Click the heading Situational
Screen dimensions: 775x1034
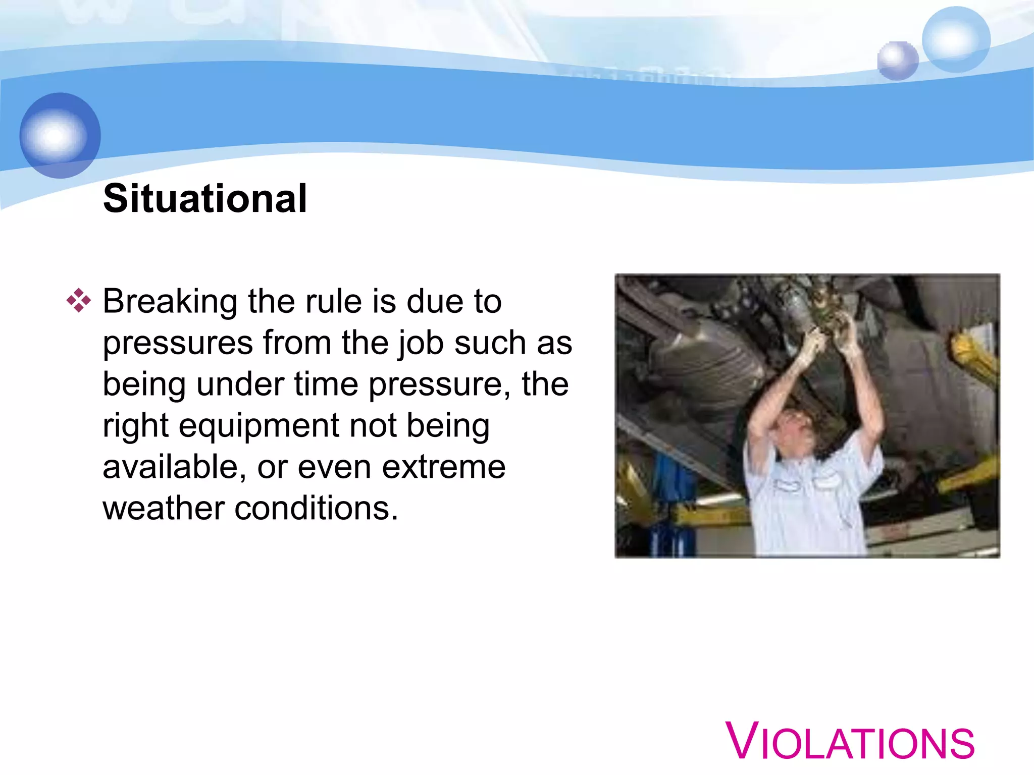[x=204, y=199]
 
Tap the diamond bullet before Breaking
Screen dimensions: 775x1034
[x=78, y=301]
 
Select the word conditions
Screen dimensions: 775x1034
[x=316, y=509]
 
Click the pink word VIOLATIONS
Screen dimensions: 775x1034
[x=850, y=742]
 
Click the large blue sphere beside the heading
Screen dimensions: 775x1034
[x=60, y=135]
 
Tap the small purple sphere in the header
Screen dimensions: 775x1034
[x=897, y=61]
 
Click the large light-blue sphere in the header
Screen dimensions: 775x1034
[x=955, y=39]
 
